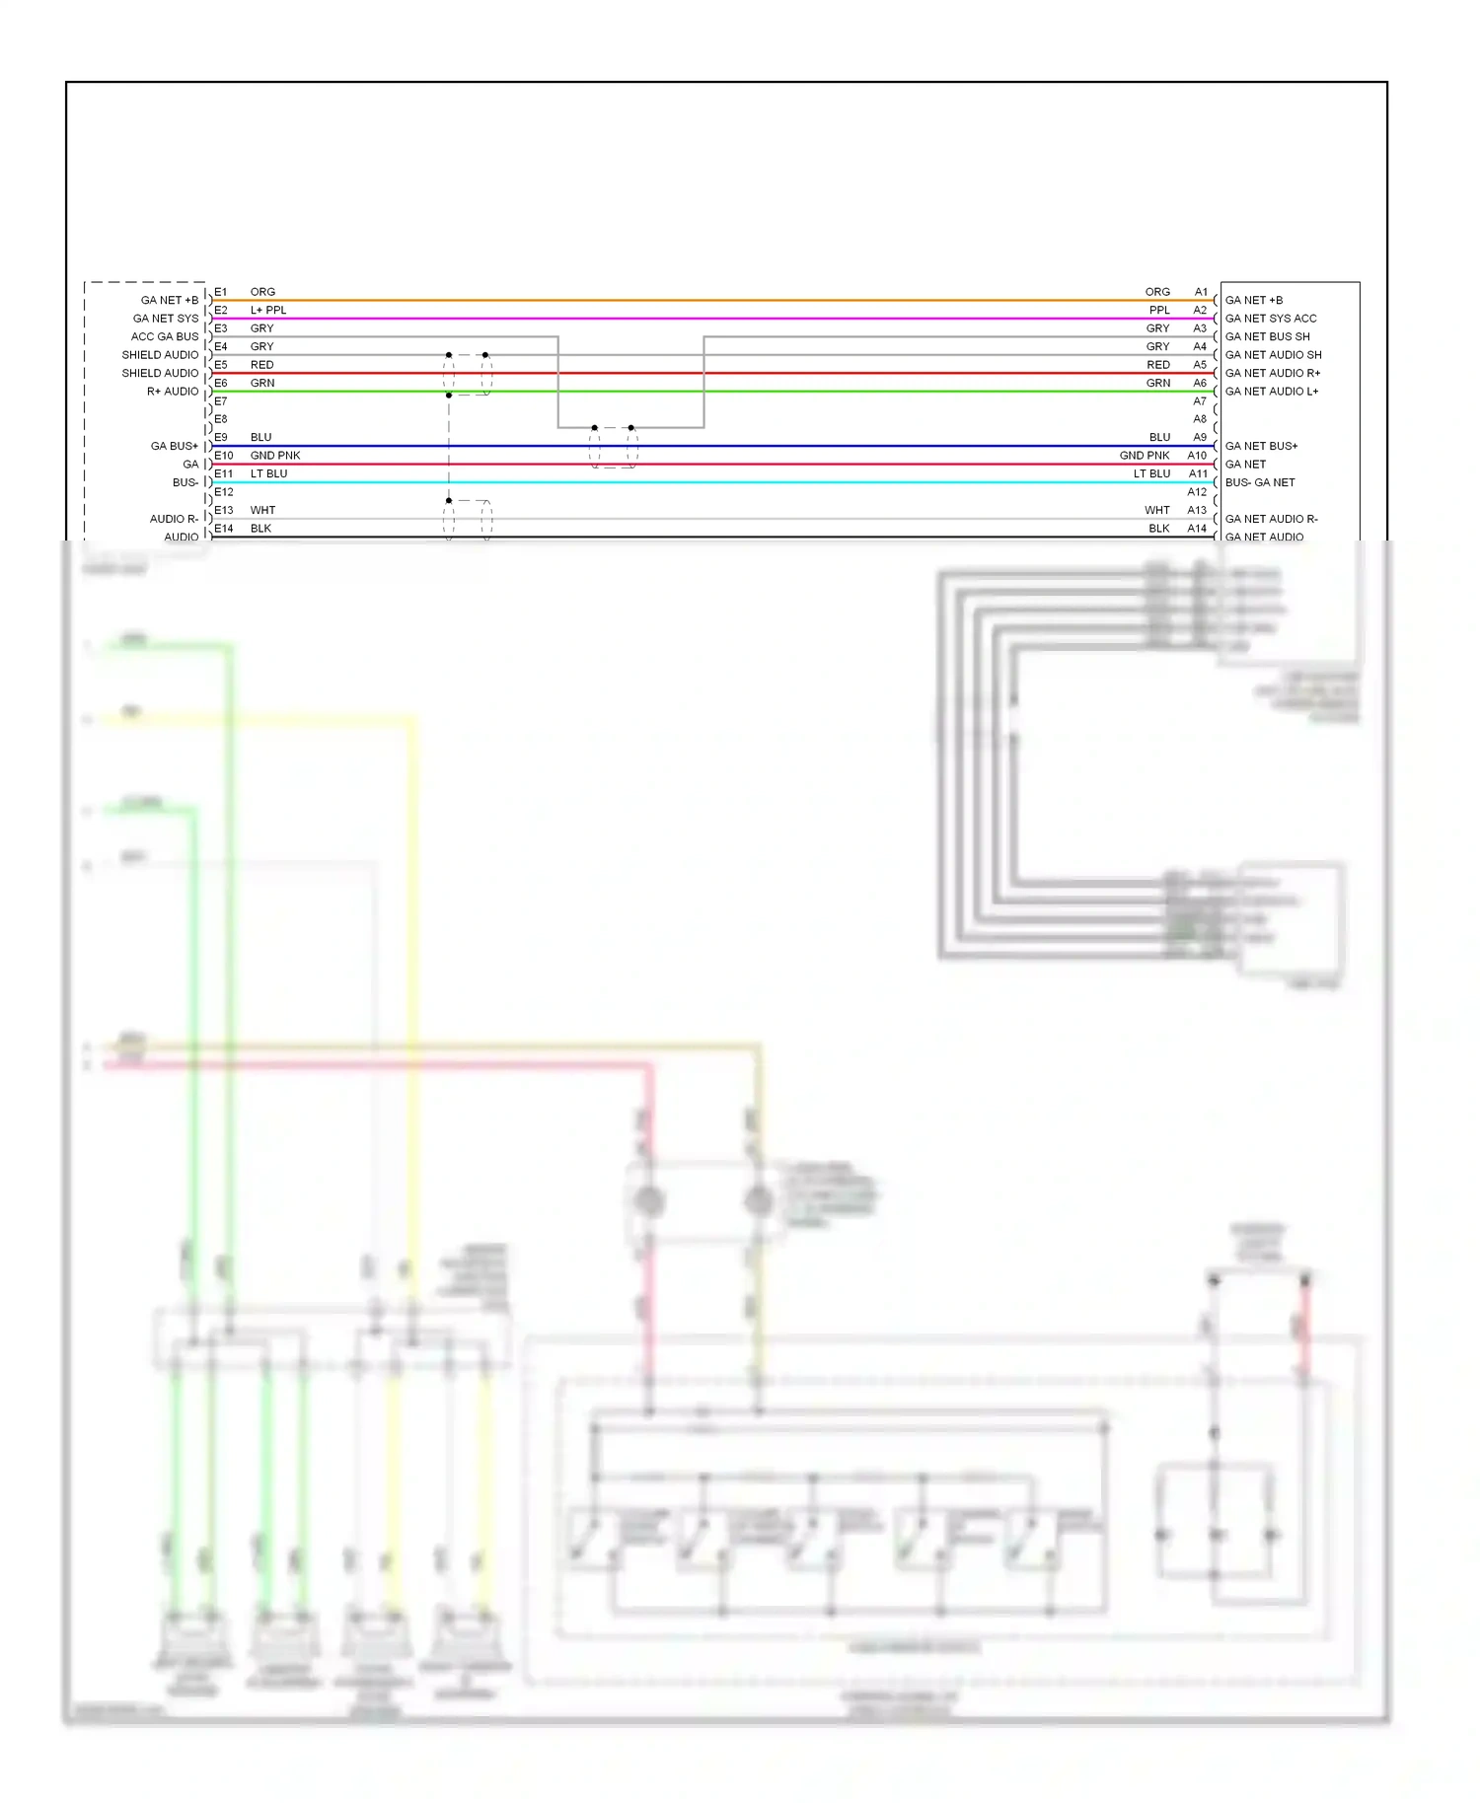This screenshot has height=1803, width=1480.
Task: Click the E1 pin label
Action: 221,292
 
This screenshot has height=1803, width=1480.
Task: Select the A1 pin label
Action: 1201,292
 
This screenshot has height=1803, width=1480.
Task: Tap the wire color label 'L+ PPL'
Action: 268,310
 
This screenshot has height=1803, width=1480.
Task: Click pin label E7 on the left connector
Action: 221,401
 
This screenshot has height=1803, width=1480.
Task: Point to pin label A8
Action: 1200,419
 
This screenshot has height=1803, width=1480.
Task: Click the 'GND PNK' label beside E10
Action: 275,456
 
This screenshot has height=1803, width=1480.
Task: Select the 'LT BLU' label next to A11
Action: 1151,473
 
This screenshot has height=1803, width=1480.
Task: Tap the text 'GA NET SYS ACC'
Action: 1271,319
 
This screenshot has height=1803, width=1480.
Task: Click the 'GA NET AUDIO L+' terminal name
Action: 1272,392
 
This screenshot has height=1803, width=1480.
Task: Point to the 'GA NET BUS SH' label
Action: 1268,336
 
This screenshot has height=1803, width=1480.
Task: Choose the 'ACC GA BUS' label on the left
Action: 165,336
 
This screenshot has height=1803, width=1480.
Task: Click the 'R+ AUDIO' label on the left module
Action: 173,392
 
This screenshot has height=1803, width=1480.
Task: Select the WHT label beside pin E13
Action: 262,510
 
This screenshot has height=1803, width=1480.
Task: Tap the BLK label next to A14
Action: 1158,529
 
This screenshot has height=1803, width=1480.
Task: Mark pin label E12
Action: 224,492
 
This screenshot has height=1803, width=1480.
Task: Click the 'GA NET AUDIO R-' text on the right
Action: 1272,519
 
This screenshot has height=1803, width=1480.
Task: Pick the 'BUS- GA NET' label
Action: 1260,482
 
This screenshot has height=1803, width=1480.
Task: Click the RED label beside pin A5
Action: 1157,365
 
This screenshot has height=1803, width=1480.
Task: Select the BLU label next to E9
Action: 260,437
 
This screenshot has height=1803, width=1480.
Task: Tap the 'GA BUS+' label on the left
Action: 175,446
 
